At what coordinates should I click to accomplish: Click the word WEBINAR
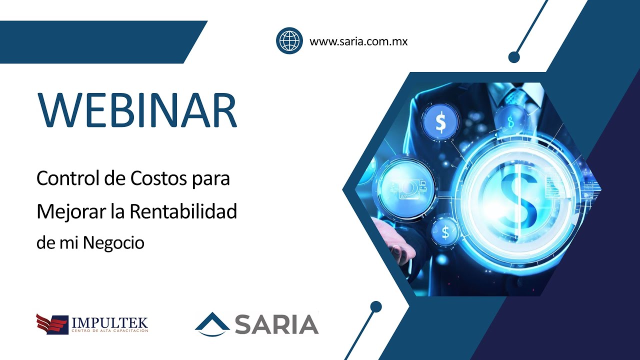point(137,110)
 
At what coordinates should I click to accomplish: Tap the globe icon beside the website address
point(289,40)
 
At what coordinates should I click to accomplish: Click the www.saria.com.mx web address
point(358,41)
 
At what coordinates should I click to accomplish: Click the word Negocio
point(113,243)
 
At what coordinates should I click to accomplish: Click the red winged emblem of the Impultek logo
point(51,323)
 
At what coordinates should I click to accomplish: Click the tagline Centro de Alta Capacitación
point(110,331)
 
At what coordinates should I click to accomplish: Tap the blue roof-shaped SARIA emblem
point(212,323)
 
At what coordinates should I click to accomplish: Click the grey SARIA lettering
point(276,324)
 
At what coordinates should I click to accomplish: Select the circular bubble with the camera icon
point(404,187)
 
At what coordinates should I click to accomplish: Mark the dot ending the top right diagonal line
point(514,57)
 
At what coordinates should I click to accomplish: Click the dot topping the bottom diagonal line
point(376,306)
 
